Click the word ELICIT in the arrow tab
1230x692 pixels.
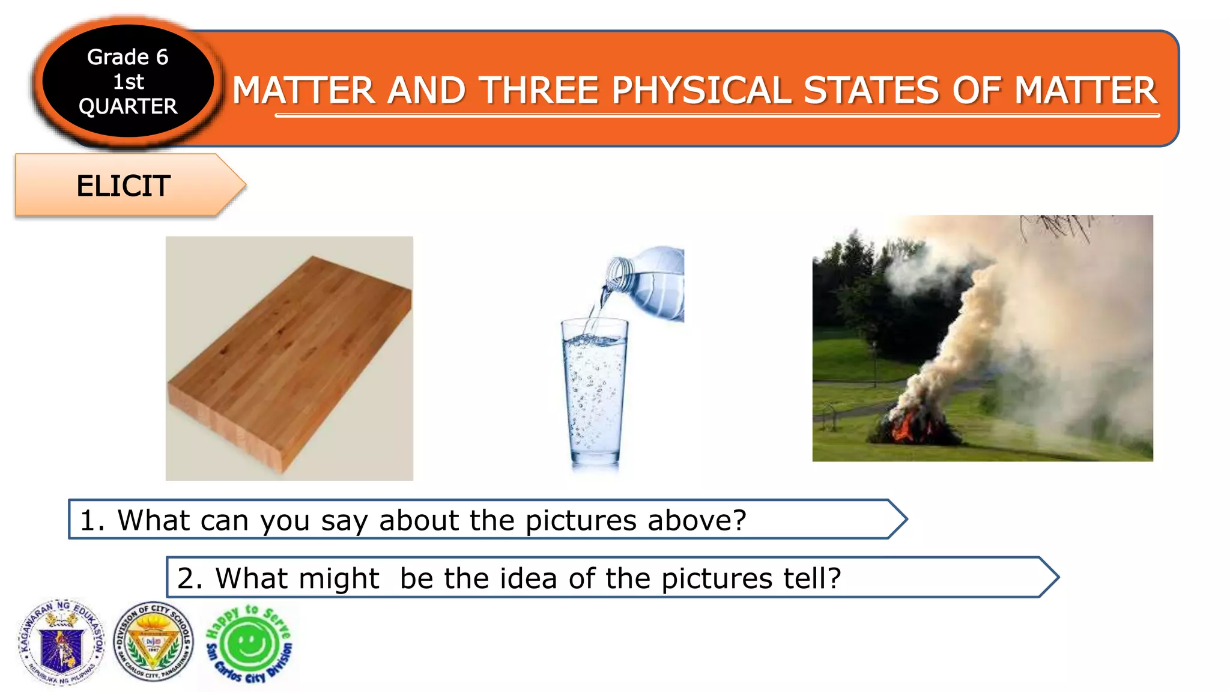[123, 186]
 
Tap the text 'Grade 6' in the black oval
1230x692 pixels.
[127, 57]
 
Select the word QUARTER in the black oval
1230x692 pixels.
[127, 106]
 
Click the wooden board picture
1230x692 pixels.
[289, 358]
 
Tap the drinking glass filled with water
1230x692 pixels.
[593, 393]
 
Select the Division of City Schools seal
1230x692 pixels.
[154, 642]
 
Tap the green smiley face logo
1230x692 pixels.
[249, 644]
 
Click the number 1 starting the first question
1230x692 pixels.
[88, 520]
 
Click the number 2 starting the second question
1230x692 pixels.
[186, 578]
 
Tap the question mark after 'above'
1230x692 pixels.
[739, 520]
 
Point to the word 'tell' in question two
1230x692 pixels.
[805, 578]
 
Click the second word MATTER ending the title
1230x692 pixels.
[1086, 91]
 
